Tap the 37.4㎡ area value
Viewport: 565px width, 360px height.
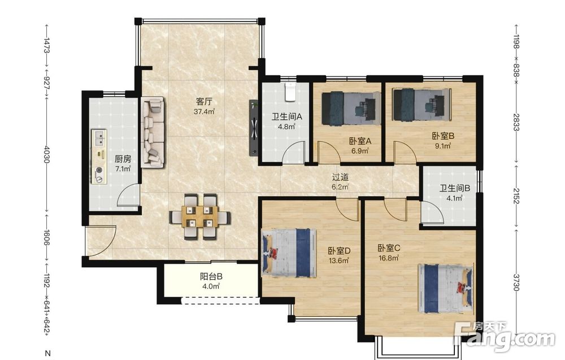click(x=205, y=112)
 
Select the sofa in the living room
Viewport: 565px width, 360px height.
click(x=153, y=132)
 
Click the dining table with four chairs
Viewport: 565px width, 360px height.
click(x=200, y=217)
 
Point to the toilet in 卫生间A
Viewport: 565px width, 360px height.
click(x=290, y=92)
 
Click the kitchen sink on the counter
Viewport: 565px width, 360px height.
click(x=99, y=138)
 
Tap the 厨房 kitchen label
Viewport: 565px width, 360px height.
click(x=123, y=159)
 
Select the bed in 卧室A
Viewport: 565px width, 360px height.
click(x=351, y=109)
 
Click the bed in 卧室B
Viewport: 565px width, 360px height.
click(x=422, y=105)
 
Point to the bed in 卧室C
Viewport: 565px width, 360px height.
click(x=446, y=289)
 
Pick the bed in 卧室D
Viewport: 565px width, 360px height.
click(x=289, y=253)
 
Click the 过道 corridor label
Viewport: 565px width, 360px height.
click(x=340, y=177)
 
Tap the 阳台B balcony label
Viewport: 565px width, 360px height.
click(x=211, y=277)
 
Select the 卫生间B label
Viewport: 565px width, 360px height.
click(x=455, y=188)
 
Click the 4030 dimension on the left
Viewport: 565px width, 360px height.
click(x=46, y=154)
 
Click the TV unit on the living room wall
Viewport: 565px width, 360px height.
click(x=254, y=128)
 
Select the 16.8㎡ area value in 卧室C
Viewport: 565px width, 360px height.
click(x=389, y=258)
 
